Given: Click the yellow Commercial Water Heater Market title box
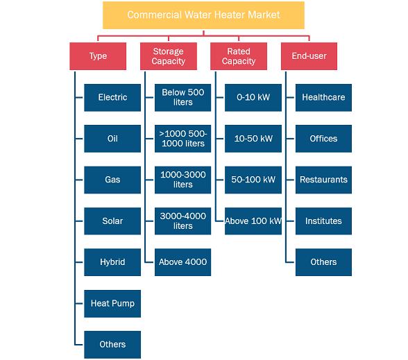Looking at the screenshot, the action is tap(203, 15).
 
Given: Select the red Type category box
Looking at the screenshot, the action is tap(98, 56).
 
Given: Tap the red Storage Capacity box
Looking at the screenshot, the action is tap(169, 56).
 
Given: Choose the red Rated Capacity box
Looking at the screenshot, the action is tap(239, 56).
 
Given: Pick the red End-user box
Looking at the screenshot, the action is tap(309, 56).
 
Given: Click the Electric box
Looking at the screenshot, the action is tap(112, 98).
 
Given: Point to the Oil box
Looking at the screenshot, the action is tap(112, 139).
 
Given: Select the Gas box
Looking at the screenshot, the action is tap(112, 180).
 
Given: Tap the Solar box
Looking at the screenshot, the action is tap(112, 221).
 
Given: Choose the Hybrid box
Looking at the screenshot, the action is tap(112, 262).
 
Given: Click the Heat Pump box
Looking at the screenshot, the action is tap(112, 304).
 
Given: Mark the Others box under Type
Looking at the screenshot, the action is tap(112, 345).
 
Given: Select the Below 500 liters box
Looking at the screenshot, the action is tap(183, 98).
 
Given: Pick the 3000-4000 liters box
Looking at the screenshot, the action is tap(183, 221).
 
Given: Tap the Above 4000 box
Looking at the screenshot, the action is tap(183, 262).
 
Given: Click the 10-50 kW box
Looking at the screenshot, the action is tap(253, 139).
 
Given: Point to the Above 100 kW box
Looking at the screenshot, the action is tap(253, 221).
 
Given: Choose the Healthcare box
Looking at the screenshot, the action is tap(323, 98).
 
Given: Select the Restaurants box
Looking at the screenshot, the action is tap(323, 180).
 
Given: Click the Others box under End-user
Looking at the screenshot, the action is tap(323, 262).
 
